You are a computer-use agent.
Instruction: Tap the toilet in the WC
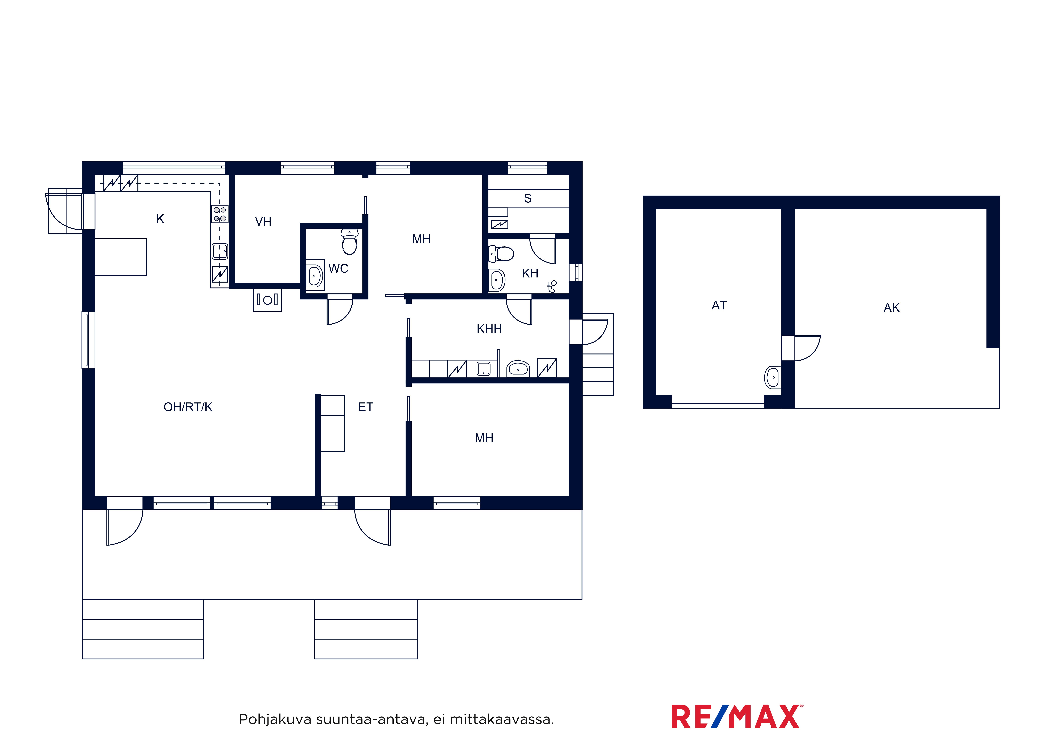coord(350,242)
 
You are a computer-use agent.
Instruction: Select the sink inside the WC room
coord(314,276)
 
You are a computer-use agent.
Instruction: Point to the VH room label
coord(263,222)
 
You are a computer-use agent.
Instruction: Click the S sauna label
coord(528,198)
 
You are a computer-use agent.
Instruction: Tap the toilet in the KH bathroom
coord(501,254)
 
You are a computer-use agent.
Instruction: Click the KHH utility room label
coord(489,329)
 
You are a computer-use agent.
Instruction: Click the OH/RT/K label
coord(188,407)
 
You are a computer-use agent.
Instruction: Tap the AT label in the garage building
coord(719,305)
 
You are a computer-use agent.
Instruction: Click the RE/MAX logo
coord(737,717)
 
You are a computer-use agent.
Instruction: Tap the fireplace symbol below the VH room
coord(267,300)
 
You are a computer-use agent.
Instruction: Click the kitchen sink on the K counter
coord(220,251)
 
